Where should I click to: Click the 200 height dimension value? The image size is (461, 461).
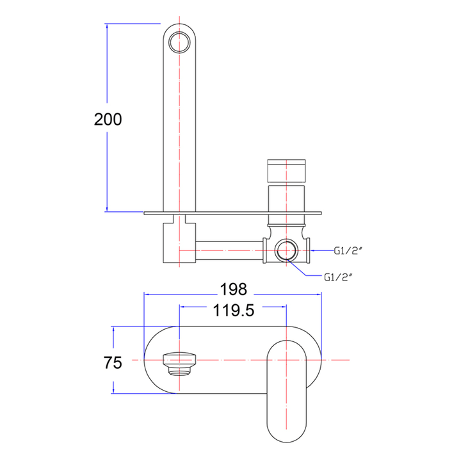(x=108, y=119)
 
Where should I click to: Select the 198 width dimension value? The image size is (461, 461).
(x=234, y=289)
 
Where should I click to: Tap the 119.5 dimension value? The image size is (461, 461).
(x=234, y=310)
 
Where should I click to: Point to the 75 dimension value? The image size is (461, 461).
(x=113, y=362)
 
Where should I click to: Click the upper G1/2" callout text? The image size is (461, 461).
(x=348, y=251)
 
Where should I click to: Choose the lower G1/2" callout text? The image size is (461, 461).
(x=338, y=277)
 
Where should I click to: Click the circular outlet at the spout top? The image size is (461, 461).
(x=179, y=42)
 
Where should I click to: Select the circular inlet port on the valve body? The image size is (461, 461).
(x=286, y=251)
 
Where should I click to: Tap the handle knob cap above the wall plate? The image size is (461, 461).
(x=286, y=170)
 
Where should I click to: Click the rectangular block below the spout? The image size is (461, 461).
(x=179, y=243)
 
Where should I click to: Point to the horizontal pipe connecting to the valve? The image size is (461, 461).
(x=229, y=250)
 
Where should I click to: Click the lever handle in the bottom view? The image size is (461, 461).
(x=286, y=391)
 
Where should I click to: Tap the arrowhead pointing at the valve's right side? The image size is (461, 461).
(x=313, y=250)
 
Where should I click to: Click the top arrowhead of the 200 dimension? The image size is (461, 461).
(x=107, y=26)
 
